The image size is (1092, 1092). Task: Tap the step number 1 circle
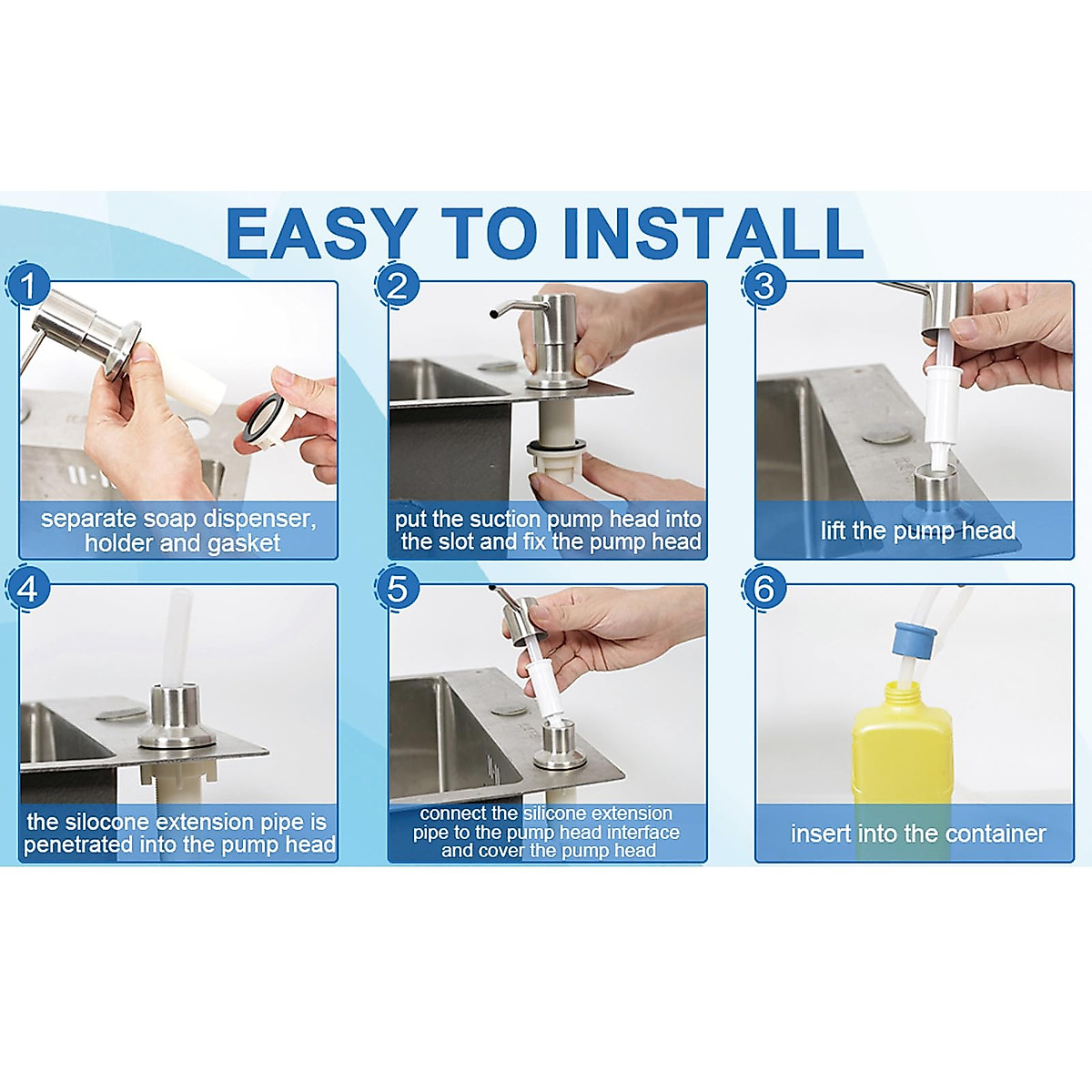click(28, 285)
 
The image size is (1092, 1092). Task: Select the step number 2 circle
click(398, 285)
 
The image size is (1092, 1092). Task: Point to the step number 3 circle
click(763, 285)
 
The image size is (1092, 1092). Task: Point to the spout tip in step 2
click(494, 312)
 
